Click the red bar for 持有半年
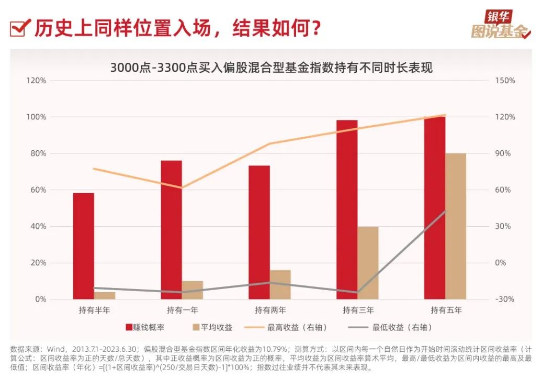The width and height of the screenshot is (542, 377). coord(84,246)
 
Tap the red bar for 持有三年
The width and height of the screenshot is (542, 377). coord(347,209)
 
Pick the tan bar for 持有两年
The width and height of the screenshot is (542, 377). coord(280,285)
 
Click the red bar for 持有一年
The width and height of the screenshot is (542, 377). coord(172,230)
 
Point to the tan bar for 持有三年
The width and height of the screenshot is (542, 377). coord(368,263)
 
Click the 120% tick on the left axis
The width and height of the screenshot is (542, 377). coord(37,81)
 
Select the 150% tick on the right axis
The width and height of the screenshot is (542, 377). coord(505,81)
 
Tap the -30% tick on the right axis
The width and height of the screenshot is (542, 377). coord(505,300)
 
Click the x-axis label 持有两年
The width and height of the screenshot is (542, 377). coord(270,310)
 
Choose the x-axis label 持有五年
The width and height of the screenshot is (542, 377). coord(446,310)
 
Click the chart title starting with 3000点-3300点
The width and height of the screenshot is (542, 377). coord(271,68)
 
